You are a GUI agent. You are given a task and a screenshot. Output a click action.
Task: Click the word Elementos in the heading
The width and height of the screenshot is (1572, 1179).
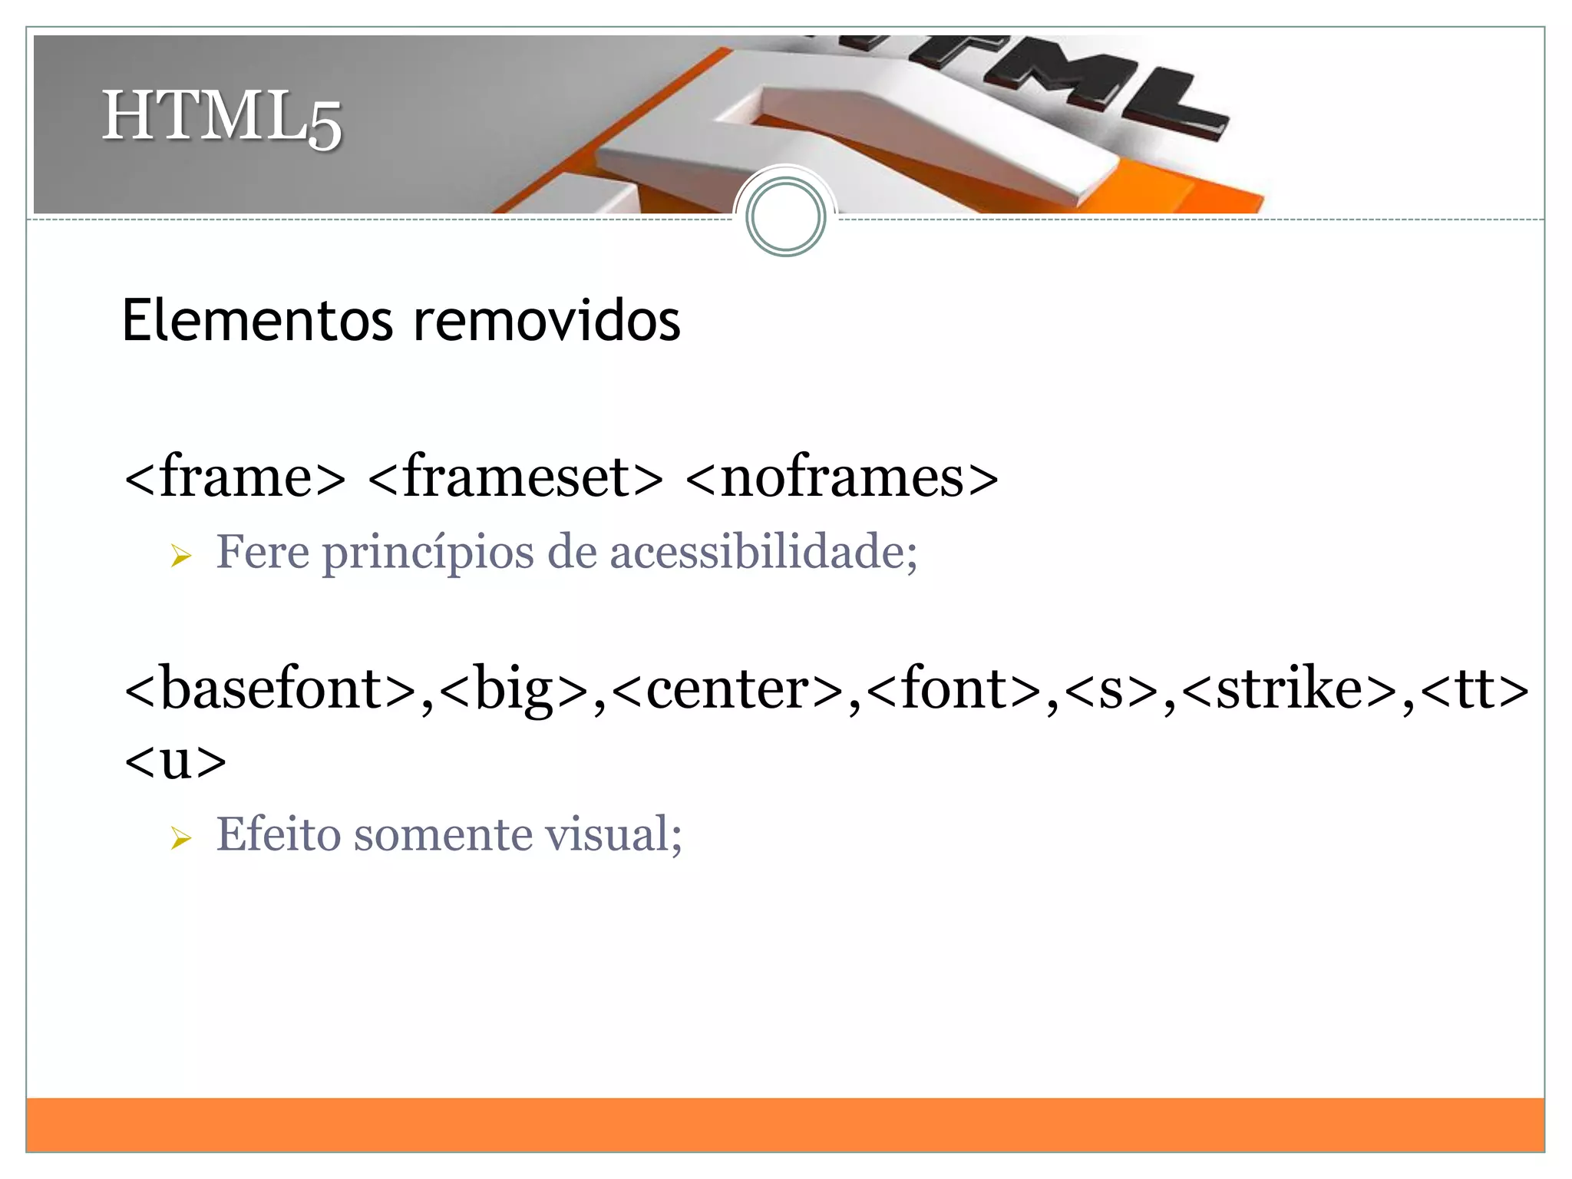click(x=257, y=320)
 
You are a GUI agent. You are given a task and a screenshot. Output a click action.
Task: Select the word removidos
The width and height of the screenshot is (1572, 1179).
click(x=547, y=320)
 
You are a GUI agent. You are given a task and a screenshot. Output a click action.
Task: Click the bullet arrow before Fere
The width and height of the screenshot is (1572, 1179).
click(x=181, y=555)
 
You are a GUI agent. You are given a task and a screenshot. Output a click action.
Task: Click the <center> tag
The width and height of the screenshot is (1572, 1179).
click(x=728, y=689)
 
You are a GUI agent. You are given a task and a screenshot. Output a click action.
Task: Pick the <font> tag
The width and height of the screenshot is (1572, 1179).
click(x=954, y=689)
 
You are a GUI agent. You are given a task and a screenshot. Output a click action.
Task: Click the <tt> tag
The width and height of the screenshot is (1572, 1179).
click(x=1475, y=689)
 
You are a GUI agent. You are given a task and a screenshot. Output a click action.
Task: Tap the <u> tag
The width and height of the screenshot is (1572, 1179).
click(x=175, y=761)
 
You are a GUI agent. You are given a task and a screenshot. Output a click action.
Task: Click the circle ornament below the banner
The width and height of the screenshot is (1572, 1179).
click(x=785, y=216)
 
